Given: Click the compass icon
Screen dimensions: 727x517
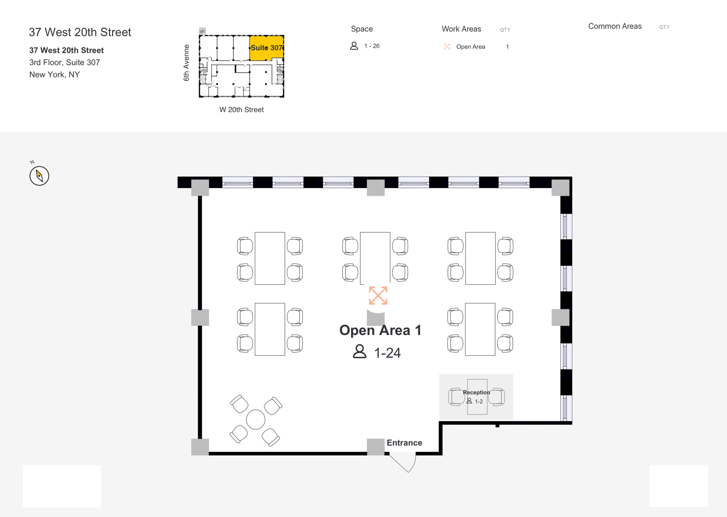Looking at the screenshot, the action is click(x=39, y=176).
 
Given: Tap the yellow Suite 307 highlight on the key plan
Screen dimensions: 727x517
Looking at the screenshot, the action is click(x=266, y=48).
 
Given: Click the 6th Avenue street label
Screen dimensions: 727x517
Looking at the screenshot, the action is click(x=186, y=63).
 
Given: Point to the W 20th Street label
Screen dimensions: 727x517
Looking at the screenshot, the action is click(x=241, y=110).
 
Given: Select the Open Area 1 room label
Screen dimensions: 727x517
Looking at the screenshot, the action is click(x=380, y=330).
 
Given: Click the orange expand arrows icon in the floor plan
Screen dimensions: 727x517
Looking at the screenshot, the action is click(x=378, y=295).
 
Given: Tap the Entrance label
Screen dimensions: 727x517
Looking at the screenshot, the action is click(x=404, y=443).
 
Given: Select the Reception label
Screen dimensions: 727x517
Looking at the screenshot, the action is click(x=477, y=392).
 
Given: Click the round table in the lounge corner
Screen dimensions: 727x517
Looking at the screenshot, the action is click(x=256, y=420).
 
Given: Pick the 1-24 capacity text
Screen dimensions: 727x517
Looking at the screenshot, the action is click(x=387, y=353).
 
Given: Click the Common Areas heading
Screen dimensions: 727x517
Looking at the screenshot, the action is click(x=615, y=26).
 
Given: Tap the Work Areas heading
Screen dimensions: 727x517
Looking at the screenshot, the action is click(x=461, y=29).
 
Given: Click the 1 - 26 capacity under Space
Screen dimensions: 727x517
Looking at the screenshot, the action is click(x=372, y=46).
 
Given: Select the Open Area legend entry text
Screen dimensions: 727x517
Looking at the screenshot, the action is click(x=471, y=47).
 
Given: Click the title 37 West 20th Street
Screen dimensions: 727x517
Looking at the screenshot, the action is click(x=80, y=32).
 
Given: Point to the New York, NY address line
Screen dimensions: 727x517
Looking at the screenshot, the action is click(x=55, y=75).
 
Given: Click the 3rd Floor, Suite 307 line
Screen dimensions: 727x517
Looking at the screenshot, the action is click(x=65, y=62).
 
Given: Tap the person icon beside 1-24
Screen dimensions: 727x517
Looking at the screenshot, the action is click(x=360, y=351).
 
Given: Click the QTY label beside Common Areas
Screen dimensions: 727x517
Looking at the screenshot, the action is click(x=664, y=27).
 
